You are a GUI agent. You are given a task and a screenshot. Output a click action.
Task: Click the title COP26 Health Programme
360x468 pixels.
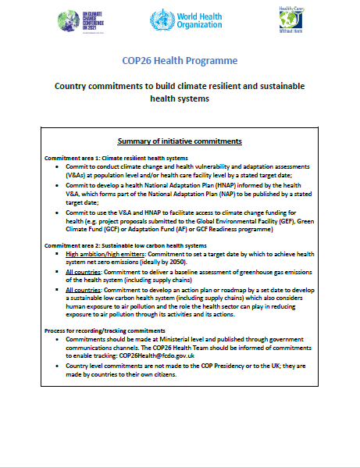coord(181,61)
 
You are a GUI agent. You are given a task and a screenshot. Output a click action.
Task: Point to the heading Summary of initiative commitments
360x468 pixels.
coord(180,141)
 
